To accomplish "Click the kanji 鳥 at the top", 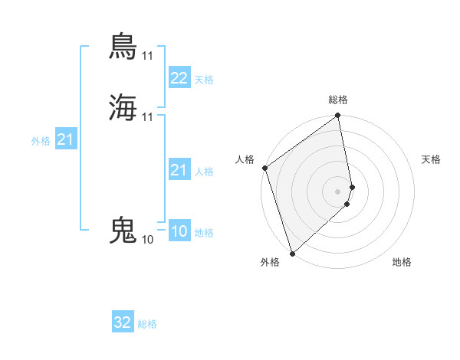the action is coord(123,46).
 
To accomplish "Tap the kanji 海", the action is coord(123,107).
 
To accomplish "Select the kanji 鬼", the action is coord(123,230).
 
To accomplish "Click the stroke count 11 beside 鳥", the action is coord(147,56).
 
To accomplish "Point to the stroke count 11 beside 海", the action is coord(147,117).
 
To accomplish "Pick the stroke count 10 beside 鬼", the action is coord(147,240).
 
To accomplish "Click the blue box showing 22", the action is coord(179,78).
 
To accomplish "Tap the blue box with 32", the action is coord(123,322).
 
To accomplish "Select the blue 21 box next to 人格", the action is coord(179,170).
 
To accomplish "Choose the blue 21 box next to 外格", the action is coord(65,139).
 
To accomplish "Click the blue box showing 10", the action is coord(179,231).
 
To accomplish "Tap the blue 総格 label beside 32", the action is coord(147,324).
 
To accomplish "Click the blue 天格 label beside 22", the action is coord(204,80).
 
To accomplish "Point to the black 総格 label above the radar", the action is coord(338,100).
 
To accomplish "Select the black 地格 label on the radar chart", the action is coord(402,262).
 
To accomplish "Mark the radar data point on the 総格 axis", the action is coord(338,116).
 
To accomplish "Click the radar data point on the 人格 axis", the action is coord(264,168).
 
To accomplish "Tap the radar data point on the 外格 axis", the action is coord(292,254).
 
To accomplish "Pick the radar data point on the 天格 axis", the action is coord(352,187).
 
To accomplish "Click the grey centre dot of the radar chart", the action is coord(338,191).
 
